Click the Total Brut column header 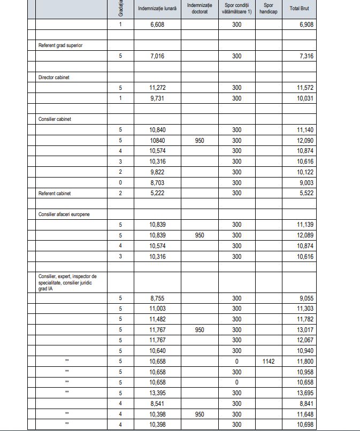point(299,9)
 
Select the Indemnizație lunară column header point(157,9)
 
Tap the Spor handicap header point(268,9)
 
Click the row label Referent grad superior point(60,45)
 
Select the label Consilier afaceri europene point(64,214)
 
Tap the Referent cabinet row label point(55,193)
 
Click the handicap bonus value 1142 point(268,361)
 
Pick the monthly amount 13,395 point(157,392)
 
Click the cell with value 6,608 point(157,25)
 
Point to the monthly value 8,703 point(157,182)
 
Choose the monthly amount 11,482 point(157,319)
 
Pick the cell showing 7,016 point(157,56)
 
